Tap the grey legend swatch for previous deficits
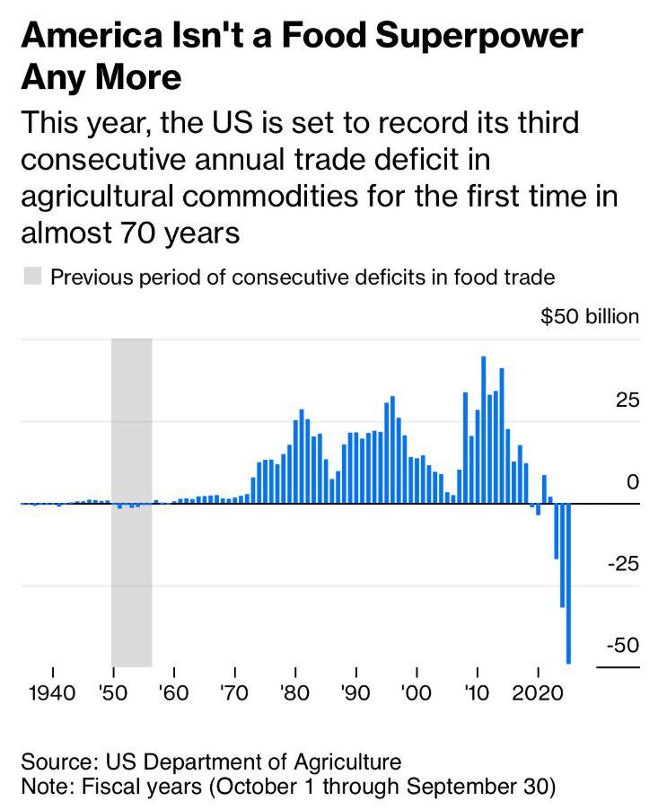pyautogui.click(x=32, y=277)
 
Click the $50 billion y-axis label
pyautogui.click(x=590, y=317)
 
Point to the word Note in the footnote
pyautogui.click(x=44, y=788)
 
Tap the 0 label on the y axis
pyautogui.click(x=634, y=482)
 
